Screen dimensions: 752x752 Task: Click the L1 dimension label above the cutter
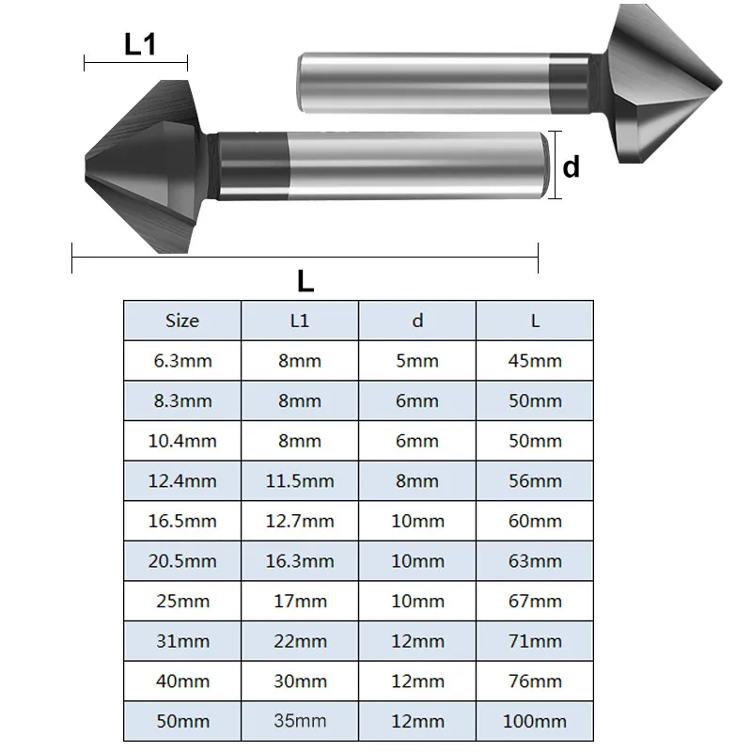coord(140,44)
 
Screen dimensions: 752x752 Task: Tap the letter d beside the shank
coord(572,166)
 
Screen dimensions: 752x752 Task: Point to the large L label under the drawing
coord(305,281)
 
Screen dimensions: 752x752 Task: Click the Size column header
coord(182,321)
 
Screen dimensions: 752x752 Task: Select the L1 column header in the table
coord(300,321)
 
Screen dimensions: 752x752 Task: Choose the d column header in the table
coord(417,321)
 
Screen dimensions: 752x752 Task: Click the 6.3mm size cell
coord(182,361)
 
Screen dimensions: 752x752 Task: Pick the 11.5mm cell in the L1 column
coord(300,480)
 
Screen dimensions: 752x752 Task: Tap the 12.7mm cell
coord(300,521)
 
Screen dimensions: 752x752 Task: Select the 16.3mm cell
coord(300,560)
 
